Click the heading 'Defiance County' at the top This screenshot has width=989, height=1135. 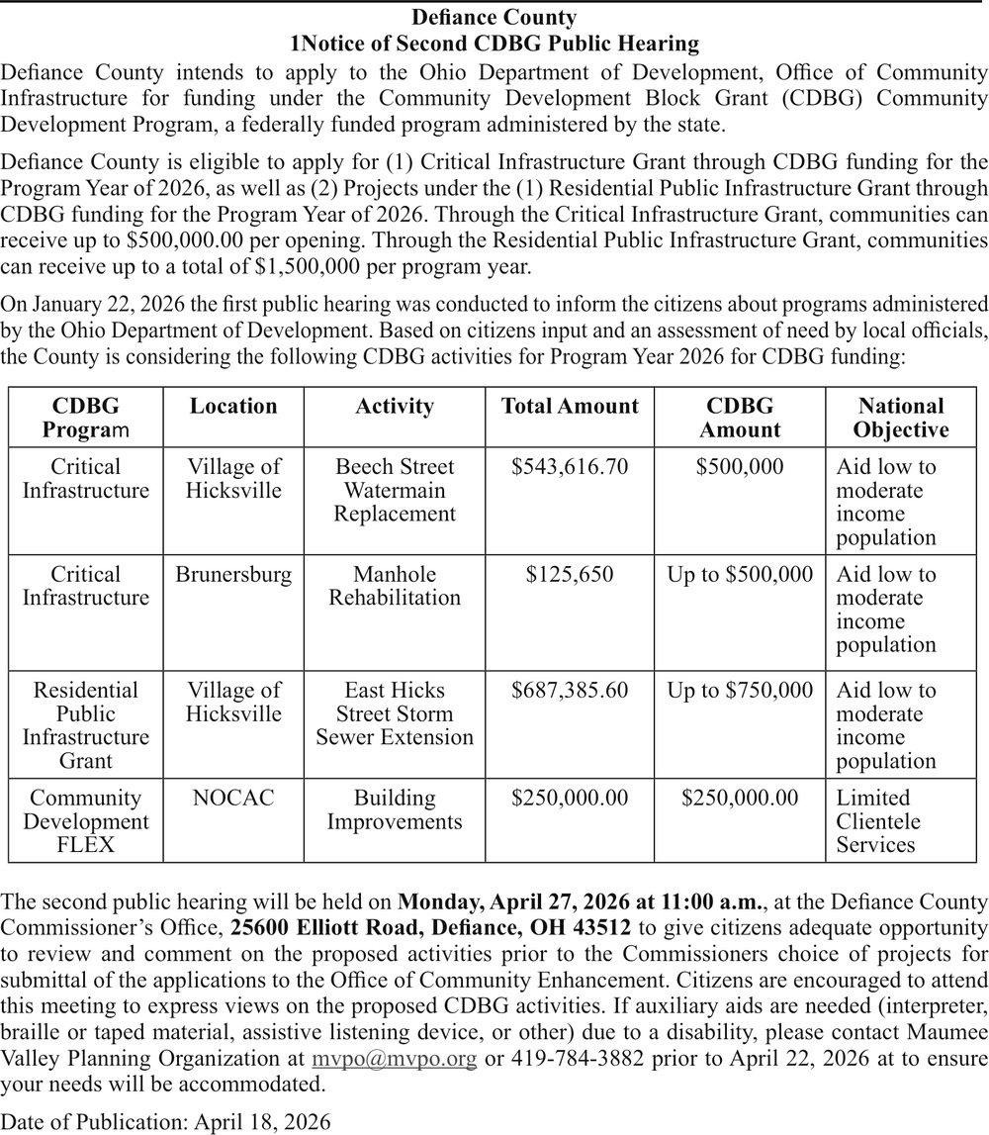pos(494,18)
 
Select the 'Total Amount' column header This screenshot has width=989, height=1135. pos(570,407)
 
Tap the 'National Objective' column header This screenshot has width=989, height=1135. pos(900,418)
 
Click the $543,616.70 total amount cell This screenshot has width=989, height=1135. pos(570,467)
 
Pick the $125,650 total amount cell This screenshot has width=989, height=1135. pos(570,575)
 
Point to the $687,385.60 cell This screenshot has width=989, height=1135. pos(570,691)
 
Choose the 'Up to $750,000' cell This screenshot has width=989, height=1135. pos(740,691)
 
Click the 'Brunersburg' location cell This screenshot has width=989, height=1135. pos(233,575)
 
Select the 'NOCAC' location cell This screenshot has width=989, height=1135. pos(233,799)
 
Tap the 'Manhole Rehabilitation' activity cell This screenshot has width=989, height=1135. pos(395,586)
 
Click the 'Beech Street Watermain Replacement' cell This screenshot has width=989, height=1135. pos(395,490)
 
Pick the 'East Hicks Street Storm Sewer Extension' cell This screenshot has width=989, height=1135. pos(395,713)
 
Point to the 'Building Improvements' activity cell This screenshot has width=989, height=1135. pos(395,809)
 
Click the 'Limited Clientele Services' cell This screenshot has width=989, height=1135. pos(878,821)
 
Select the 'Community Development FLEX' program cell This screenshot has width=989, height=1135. pos(86,821)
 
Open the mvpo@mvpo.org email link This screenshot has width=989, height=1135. pos(395,1059)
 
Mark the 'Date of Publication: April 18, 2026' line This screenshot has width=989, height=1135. pos(166,1122)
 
